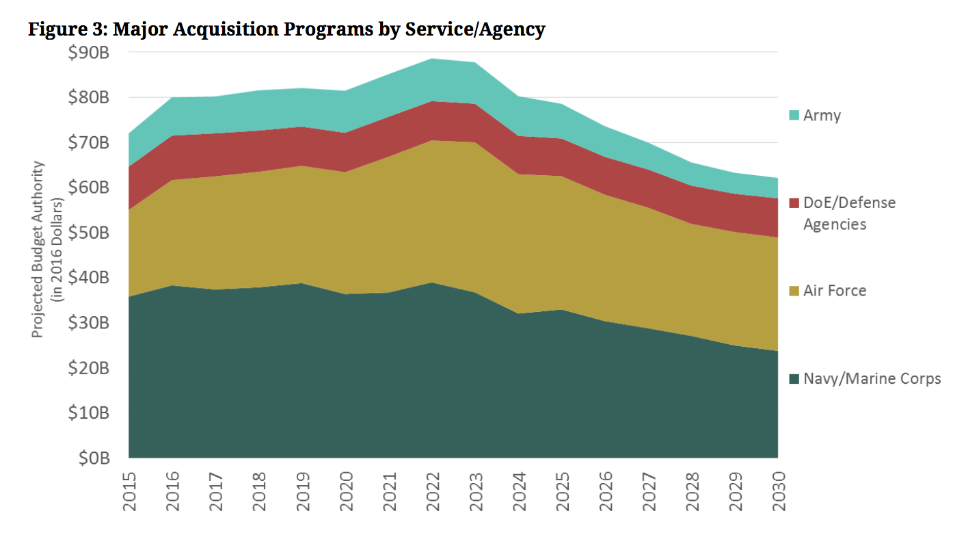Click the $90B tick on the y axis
pos(90,52)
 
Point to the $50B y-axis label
pos(90,233)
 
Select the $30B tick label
pos(90,322)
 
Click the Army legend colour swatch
pos(793,116)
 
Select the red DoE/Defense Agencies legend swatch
pos(793,203)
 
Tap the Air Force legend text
pos(835,291)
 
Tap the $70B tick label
pos(90,142)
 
